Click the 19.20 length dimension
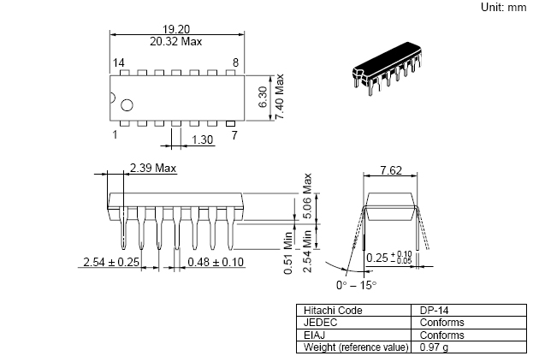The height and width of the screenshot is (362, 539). (176, 29)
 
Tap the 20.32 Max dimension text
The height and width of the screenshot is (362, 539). (176, 42)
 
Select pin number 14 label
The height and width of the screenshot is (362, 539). (119, 62)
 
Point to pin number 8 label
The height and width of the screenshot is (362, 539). (235, 62)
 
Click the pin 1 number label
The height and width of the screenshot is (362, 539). (115, 134)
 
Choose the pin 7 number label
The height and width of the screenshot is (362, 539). (234, 135)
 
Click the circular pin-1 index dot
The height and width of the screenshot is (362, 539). (127, 105)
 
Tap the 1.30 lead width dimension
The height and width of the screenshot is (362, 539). (202, 139)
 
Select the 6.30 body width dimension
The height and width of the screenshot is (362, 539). (263, 98)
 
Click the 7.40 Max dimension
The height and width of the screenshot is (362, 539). (279, 97)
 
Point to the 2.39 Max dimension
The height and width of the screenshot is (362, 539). (153, 168)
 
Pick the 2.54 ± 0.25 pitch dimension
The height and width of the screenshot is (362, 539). (111, 262)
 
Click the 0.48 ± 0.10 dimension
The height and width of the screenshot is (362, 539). (216, 262)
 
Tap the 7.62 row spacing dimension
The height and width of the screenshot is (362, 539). (391, 170)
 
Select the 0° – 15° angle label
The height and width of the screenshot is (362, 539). (357, 285)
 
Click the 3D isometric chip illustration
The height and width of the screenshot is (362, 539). (387, 68)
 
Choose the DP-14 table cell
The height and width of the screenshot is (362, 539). (434, 311)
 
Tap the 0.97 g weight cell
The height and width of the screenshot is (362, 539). (434, 347)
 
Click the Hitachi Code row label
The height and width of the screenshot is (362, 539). (333, 311)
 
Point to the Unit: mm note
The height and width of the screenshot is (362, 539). (504, 7)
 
